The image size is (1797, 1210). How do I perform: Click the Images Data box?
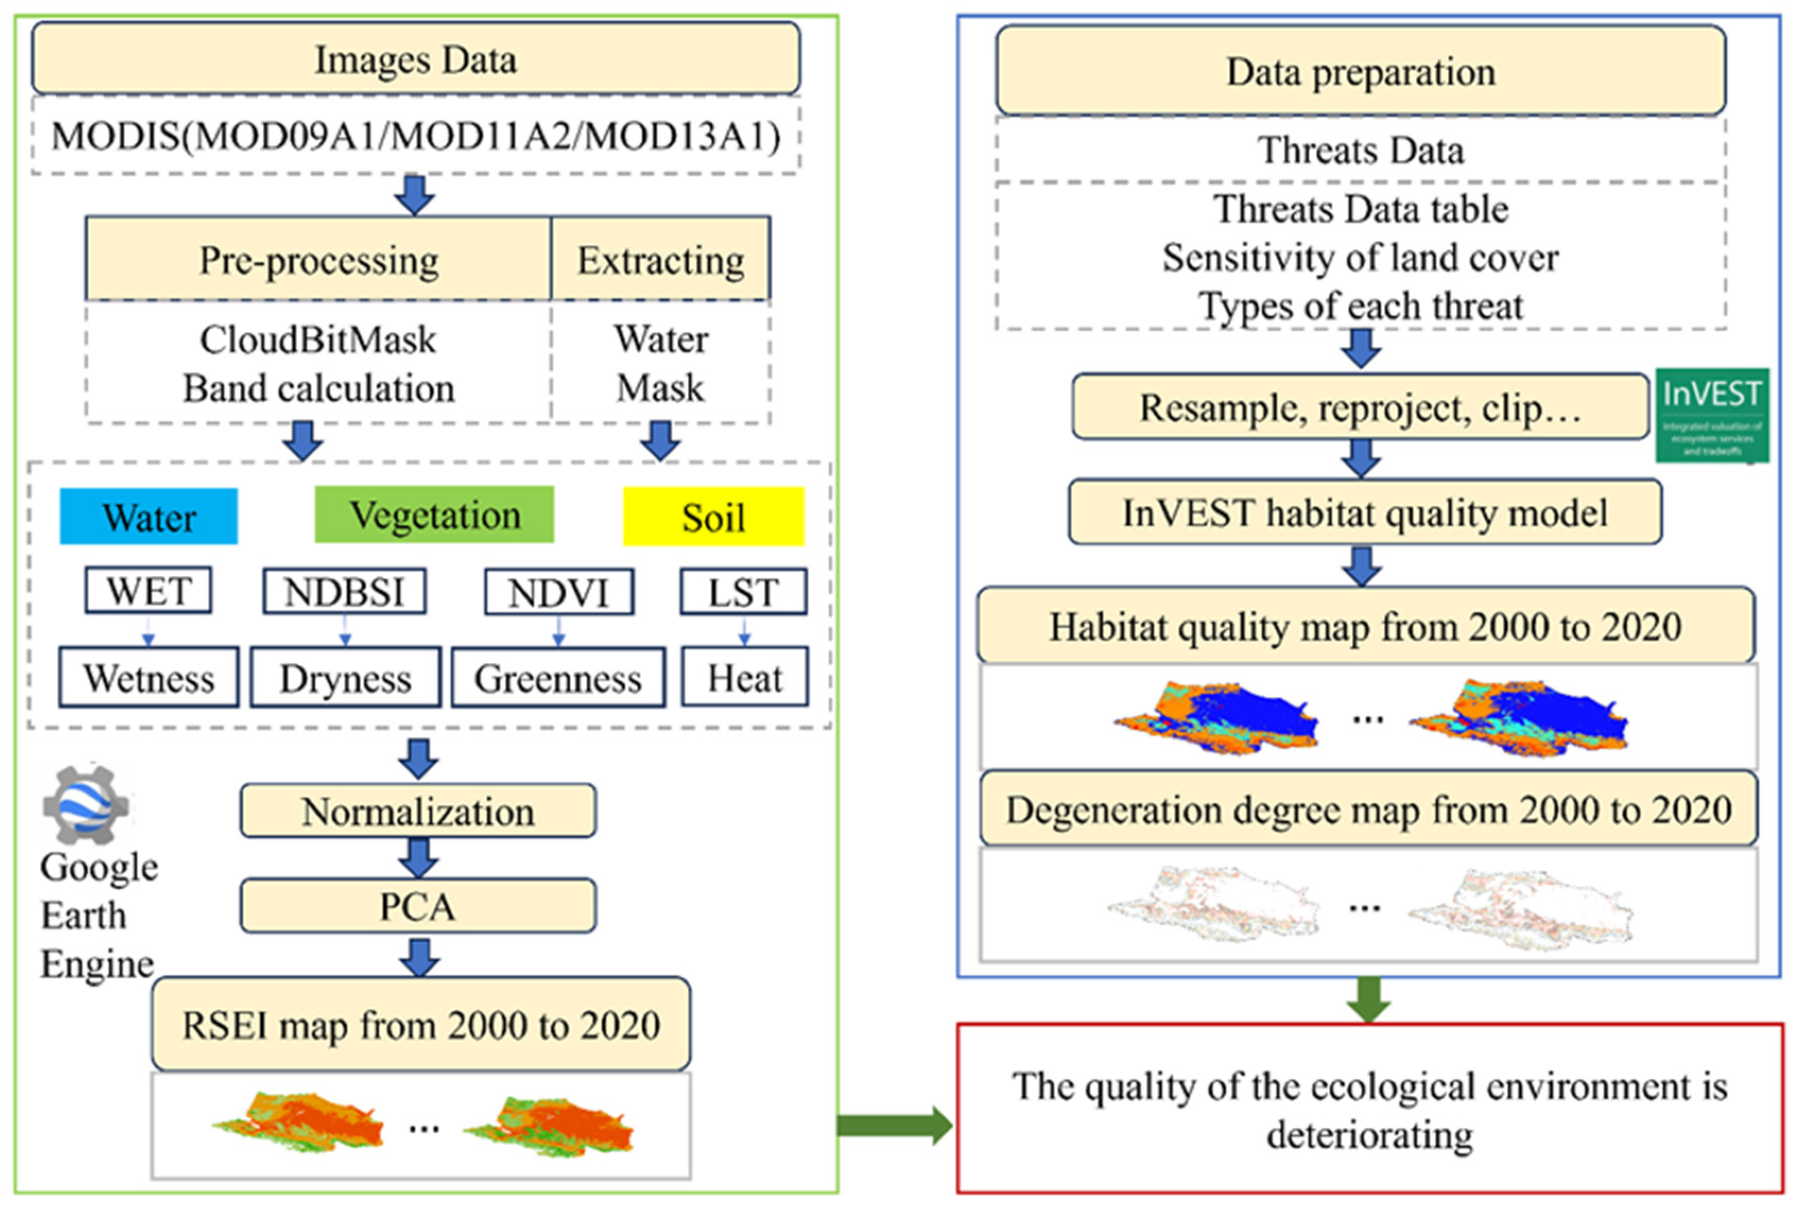pos(416,59)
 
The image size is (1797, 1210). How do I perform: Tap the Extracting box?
pos(661,259)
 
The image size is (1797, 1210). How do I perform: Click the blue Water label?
pos(149,516)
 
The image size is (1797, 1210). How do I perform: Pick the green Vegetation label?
pos(435,515)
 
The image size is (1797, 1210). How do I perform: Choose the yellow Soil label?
pos(713,516)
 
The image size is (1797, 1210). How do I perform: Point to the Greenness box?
pos(558,677)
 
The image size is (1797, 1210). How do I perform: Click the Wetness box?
pos(149,677)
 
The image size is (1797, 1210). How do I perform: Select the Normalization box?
pos(418,811)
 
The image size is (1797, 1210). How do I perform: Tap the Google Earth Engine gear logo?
pos(85,804)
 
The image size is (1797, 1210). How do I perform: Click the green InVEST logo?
pos(1712,415)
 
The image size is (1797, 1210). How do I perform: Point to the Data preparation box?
pos(1360,71)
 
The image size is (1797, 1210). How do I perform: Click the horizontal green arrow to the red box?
pos(895,1125)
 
